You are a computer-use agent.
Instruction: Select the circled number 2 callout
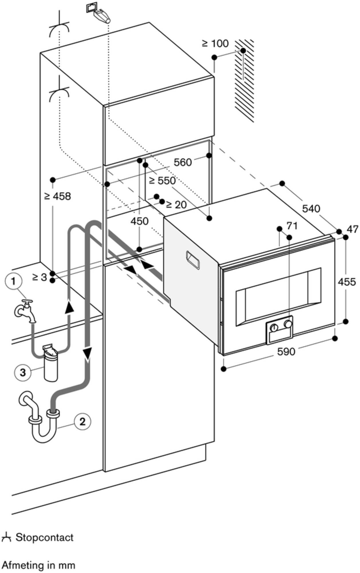(82, 421)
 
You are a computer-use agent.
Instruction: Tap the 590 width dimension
(286, 351)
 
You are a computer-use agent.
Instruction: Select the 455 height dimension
(347, 282)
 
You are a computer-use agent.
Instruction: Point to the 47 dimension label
(352, 229)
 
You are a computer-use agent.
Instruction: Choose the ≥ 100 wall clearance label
(215, 44)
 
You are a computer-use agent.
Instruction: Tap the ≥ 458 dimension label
(57, 196)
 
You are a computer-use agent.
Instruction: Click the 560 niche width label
(183, 162)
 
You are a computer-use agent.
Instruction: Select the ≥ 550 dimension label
(162, 180)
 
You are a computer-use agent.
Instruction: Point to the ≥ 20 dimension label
(176, 205)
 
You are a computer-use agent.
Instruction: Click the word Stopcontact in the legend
(45, 537)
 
